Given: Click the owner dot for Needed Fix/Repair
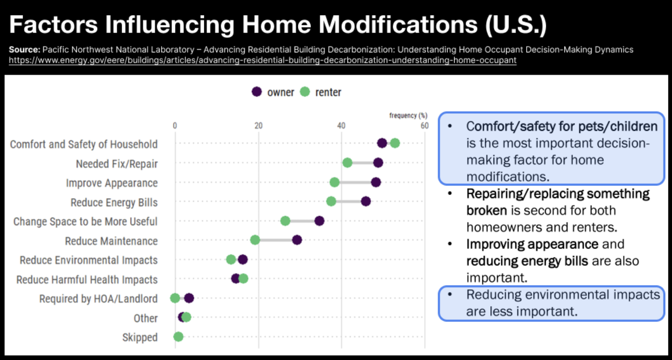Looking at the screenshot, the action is (x=378, y=163).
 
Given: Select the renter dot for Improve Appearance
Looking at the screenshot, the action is (x=334, y=182).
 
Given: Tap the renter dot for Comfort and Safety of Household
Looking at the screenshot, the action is (x=395, y=143).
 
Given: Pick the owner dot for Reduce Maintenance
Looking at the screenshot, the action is (x=297, y=240).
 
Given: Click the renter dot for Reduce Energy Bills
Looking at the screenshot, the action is (x=331, y=201).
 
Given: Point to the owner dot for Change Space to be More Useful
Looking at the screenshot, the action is (x=319, y=221).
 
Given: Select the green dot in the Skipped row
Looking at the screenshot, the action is (x=178, y=337).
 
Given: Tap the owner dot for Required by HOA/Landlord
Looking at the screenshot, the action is (x=189, y=298).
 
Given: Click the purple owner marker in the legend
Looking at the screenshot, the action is (x=257, y=92).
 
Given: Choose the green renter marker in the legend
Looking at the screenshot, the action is (x=305, y=92).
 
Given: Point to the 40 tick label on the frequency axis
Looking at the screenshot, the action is (x=341, y=126).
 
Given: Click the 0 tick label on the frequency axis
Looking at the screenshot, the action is (x=175, y=126).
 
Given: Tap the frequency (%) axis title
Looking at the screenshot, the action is (x=408, y=115).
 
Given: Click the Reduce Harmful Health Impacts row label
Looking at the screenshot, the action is (x=87, y=280).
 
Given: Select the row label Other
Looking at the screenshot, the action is (x=146, y=318).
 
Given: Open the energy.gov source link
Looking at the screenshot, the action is (x=263, y=60).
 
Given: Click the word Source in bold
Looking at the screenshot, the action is (x=24, y=50).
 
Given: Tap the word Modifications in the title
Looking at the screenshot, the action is (x=398, y=25).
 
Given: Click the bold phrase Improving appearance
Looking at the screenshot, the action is (x=532, y=244).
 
